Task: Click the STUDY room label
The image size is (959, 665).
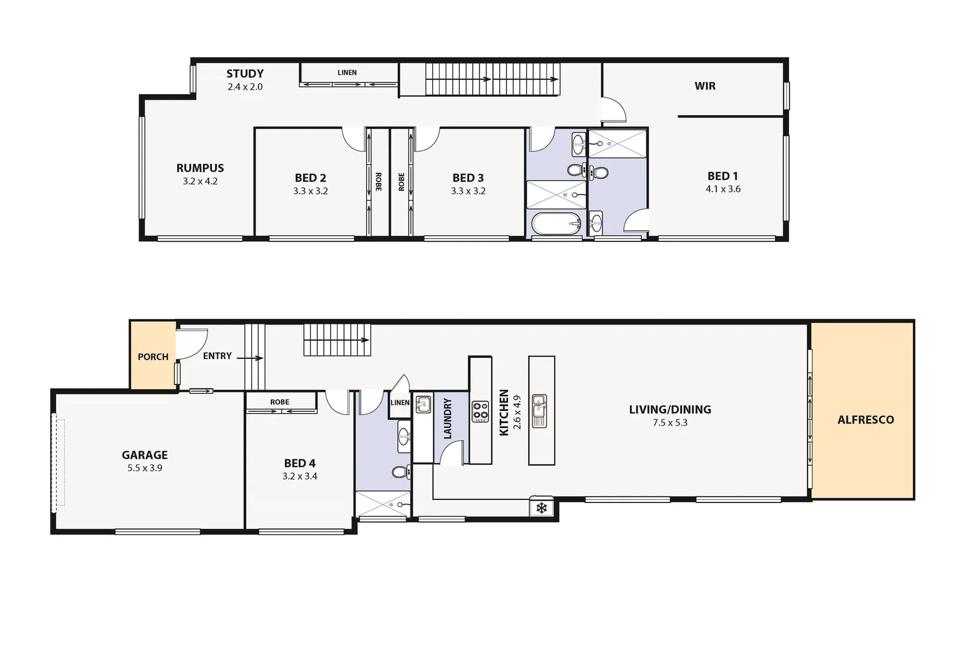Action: [x=245, y=74]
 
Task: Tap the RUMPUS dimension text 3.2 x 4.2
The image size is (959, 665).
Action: [x=200, y=182]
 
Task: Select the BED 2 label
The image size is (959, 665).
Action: [x=310, y=178]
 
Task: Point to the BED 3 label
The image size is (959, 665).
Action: [x=468, y=178]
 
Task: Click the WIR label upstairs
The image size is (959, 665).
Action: [x=705, y=86]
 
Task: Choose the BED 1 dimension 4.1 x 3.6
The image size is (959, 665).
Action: [x=723, y=189]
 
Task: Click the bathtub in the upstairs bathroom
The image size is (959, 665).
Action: [x=556, y=224]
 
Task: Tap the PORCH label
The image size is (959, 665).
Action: [x=153, y=357]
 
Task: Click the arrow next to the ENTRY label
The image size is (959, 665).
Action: [x=250, y=358]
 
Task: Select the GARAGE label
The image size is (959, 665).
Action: [x=145, y=455]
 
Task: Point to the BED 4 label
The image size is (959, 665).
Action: [x=300, y=463]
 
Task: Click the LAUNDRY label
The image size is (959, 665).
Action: [x=447, y=419]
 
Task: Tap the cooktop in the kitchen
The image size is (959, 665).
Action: [x=480, y=411]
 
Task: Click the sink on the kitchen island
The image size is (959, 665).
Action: [x=540, y=410]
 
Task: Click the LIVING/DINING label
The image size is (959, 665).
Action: [x=670, y=409]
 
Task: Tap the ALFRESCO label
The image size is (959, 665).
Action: [x=865, y=420]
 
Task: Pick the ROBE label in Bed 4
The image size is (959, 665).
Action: [x=279, y=402]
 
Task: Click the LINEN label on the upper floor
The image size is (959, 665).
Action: [x=347, y=73]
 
